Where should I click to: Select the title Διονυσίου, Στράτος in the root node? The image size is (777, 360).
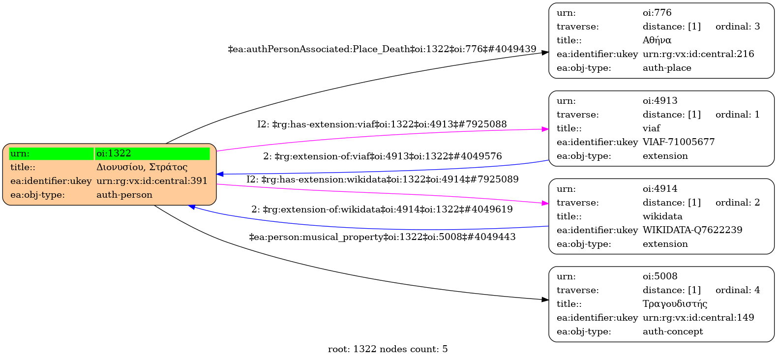coord(142,167)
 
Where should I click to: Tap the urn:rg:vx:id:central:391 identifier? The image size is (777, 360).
coord(152,181)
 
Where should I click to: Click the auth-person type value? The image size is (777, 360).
coord(124,195)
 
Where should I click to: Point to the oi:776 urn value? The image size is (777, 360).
coord(657,13)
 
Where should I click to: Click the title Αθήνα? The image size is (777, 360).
coord(657,40)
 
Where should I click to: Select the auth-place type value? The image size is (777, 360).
coord(666,68)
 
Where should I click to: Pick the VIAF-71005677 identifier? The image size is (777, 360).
coord(678,142)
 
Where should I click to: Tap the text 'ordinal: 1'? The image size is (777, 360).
coord(737,115)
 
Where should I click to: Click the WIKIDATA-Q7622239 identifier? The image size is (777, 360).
coord(692,230)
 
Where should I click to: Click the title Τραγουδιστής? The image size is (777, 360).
coord(675,304)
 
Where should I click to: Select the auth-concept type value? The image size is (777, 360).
coord(672,331)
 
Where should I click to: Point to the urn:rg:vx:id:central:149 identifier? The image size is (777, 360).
coord(698,318)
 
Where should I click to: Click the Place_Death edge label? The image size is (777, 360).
coord(382,49)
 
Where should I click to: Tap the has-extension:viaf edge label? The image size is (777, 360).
coord(382,124)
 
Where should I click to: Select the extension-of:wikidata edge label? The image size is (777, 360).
coord(382,210)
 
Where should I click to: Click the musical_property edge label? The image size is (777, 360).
coord(382,237)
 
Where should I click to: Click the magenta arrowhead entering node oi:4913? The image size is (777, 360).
coord(545,129)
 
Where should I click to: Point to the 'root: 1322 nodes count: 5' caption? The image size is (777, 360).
coord(388,349)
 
